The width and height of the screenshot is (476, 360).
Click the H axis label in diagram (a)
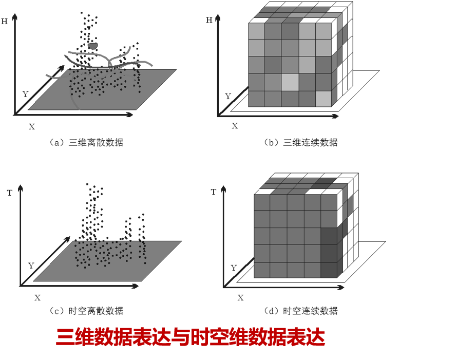[x=4, y=22]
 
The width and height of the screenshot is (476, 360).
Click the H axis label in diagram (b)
[x=209, y=21]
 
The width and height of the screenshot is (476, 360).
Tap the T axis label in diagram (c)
[x=10, y=193]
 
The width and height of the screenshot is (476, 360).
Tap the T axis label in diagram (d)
[x=214, y=192]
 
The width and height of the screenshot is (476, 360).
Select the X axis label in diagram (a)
[x=32, y=127]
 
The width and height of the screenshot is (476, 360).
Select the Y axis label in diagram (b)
[x=228, y=97]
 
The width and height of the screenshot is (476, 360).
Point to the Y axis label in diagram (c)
[x=31, y=266]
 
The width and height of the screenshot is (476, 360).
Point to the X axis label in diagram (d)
[x=240, y=298]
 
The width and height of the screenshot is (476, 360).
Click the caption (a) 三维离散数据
[x=86, y=142]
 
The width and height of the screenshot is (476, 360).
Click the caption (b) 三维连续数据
[x=300, y=142]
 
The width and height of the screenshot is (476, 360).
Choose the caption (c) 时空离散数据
[x=86, y=311]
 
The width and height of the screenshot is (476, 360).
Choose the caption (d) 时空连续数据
[x=300, y=311]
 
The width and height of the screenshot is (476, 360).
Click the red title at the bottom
[x=191, y=337]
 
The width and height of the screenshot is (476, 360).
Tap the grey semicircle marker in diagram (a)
[x=93, y=46]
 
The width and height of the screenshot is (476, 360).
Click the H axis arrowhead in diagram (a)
[x=15, y=17]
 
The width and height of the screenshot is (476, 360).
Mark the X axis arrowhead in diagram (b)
[x=335, y=116]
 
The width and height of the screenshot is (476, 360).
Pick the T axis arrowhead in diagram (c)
[x=21, y=188]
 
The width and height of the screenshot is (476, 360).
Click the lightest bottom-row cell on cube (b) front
[x=323, y=99]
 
